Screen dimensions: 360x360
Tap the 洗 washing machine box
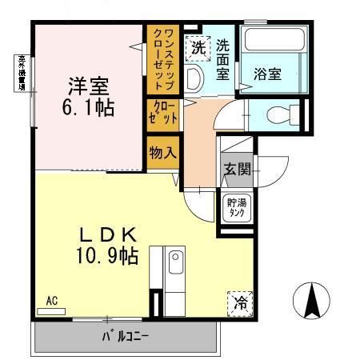pos(197,47)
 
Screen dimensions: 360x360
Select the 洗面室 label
pos(224,59)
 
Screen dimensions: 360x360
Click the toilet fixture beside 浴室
pos(276,111)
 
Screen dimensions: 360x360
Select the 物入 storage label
pos(162,152)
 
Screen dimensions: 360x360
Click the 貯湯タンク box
pos(237,207)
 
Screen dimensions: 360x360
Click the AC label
pos(51,300)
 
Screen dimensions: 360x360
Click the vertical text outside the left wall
pos(17,72)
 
